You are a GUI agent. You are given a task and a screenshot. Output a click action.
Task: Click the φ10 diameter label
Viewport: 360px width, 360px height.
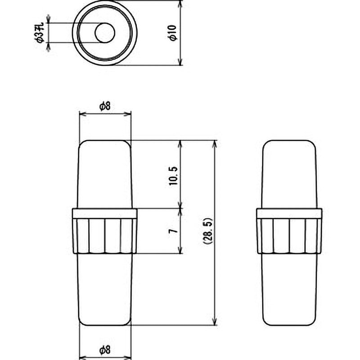point(173,33)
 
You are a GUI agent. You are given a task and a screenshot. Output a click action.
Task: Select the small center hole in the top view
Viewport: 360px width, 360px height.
point(104,33)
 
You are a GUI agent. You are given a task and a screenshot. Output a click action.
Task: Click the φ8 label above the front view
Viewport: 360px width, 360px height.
point(105,106)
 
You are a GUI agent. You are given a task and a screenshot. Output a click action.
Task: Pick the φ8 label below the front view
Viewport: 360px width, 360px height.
point(105,349)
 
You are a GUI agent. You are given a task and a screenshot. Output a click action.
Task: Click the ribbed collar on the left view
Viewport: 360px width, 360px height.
point(104,231)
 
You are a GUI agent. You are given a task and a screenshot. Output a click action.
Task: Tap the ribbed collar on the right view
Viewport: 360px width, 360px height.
point(289,231)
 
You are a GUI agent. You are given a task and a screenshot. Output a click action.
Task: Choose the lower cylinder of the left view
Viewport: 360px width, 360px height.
point(105,288)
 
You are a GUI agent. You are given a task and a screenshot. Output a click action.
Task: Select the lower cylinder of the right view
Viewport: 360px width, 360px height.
point(289,288)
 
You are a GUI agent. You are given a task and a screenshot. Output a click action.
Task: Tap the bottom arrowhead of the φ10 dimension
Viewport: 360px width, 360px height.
point(180,62)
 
